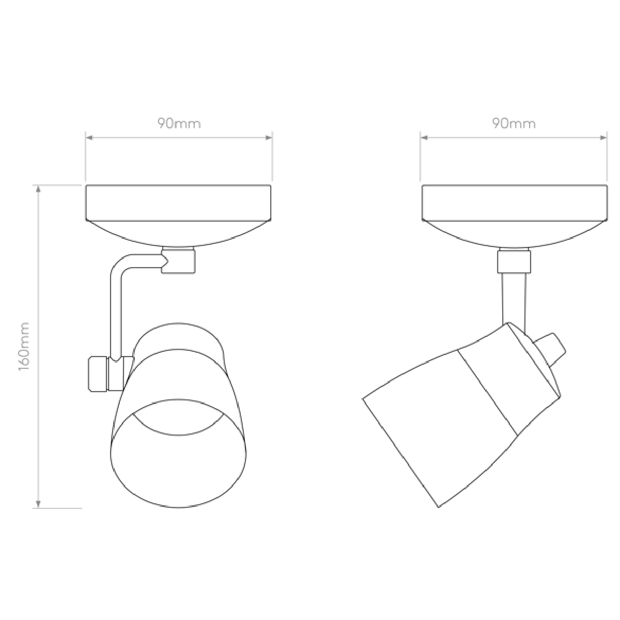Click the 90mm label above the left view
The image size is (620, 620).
[179, 123]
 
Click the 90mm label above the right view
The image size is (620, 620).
[514, 123]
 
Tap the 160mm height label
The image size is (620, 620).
[24, 346]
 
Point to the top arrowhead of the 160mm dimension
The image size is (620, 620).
[38, 189]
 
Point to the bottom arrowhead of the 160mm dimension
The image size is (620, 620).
[38, 504]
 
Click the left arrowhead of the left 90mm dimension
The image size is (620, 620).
[90, 138]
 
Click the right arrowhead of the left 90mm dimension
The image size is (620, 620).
[268, 138]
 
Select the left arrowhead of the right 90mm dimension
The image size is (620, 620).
[424, 138]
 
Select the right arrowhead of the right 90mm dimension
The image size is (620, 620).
[603, 138]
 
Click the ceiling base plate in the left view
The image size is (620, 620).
[178, 215]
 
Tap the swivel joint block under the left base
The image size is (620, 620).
[178, 260]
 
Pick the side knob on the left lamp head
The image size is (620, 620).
[98, 374]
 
